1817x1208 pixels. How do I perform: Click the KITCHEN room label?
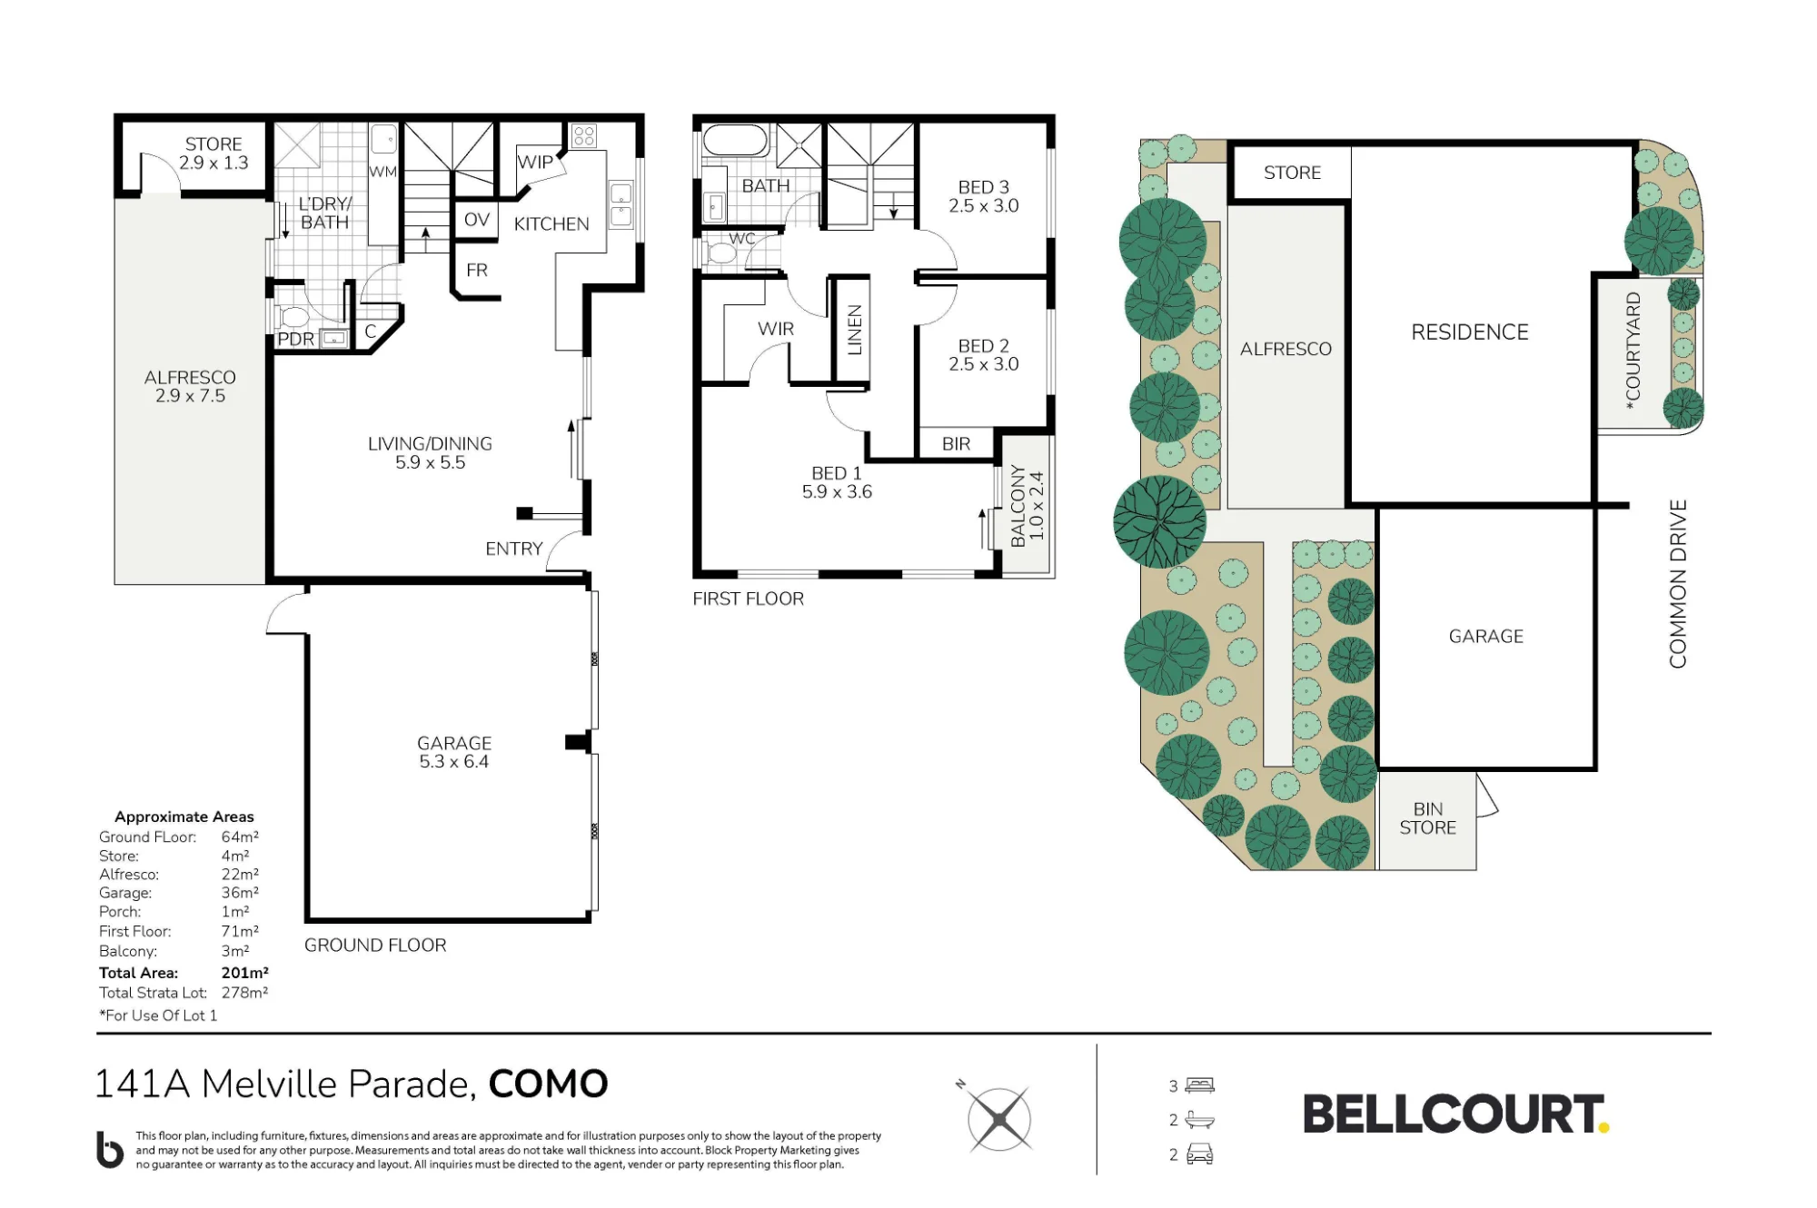551,224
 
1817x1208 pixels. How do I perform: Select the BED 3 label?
984,187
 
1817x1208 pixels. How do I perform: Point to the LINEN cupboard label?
854,330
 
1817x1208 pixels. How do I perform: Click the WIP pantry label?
535,162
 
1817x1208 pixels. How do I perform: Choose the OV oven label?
477,220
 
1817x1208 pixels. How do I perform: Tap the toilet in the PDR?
293,318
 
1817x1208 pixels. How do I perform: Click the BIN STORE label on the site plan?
1428,818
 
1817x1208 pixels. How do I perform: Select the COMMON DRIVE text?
1678,584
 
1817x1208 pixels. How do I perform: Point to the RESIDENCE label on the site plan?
1470,332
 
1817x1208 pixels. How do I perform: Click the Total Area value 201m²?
245,973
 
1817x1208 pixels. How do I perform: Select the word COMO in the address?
549,1084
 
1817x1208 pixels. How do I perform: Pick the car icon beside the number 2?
1200,1155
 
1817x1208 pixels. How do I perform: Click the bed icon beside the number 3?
1200,1085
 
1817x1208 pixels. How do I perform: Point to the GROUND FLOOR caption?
375,946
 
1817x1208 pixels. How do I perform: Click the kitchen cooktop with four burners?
583,136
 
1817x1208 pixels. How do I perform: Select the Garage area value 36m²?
240,893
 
